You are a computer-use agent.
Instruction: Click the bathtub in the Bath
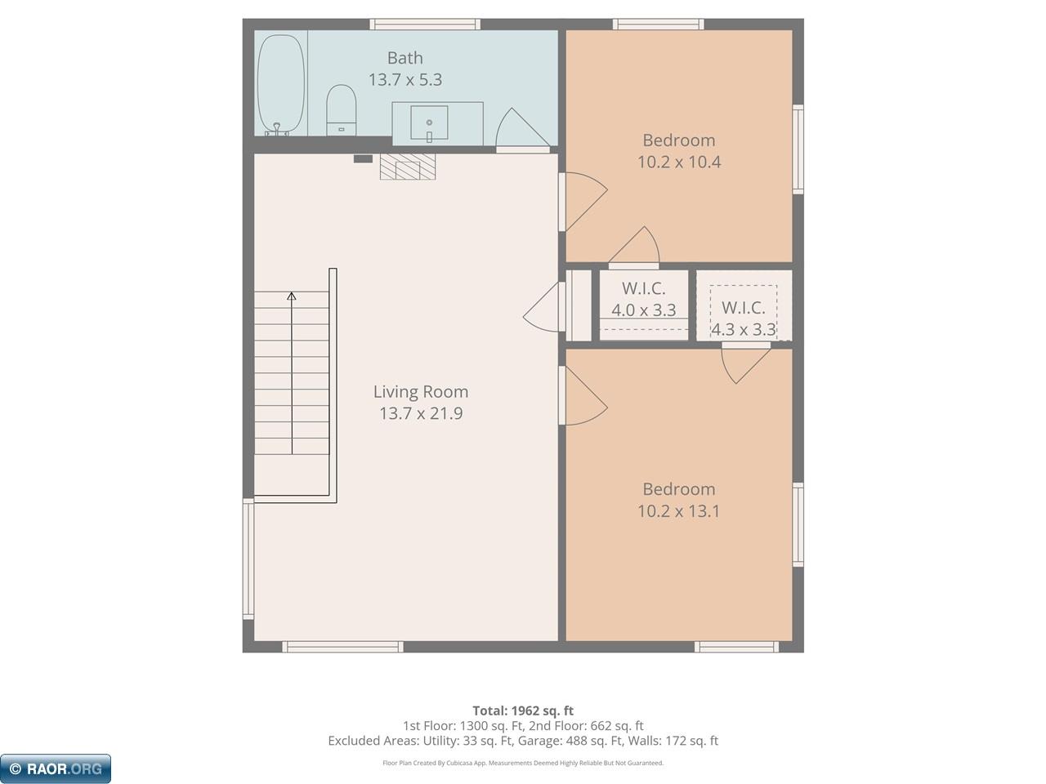coord(280,84)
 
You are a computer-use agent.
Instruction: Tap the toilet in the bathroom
coord(341,110)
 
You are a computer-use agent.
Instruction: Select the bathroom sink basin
coord(429,122)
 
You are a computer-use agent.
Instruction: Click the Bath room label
coord(405,58)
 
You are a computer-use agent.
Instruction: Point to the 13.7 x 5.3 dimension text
coord(405,79)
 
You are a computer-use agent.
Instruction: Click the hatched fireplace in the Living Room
coord(408,167)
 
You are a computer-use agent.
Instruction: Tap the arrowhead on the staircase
coord(292,296)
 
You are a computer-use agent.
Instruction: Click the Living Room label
coord(421,392)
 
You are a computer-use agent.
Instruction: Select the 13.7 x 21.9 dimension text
coord(421,413)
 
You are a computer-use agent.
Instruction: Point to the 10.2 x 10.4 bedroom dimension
coord(679,162)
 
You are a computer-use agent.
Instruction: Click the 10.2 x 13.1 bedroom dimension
coord(678,510)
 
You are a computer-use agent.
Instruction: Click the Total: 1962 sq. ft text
coord(523,710)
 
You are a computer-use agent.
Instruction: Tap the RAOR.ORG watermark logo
coord(56,768)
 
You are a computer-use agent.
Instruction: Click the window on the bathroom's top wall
coord(425,24)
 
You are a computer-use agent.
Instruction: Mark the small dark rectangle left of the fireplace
coord(363,159)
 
